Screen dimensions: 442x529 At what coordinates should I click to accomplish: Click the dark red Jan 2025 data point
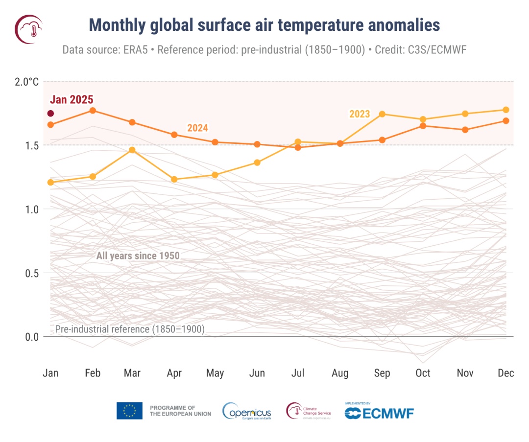50,114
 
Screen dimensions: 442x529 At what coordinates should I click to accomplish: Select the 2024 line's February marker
93,111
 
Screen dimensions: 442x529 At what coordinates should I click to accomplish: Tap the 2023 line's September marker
382,114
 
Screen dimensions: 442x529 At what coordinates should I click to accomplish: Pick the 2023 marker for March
132,150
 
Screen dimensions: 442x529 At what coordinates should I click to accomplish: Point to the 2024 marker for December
506,120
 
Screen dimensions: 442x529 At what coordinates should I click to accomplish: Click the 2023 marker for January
50,183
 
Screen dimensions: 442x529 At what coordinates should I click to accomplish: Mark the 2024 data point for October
423,126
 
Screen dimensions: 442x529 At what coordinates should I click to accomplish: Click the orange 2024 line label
197,128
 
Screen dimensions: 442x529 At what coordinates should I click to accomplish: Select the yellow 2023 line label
359,114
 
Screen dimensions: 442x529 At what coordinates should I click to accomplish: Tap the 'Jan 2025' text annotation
72,100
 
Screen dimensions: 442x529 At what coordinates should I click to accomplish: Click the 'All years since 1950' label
138,256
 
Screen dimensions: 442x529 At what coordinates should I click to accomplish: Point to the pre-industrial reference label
129,329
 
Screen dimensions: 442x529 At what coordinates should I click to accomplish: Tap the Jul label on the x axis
298,373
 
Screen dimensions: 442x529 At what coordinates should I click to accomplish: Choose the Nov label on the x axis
465,373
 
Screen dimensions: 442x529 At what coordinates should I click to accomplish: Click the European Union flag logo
129,411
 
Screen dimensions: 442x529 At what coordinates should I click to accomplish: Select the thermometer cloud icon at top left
29,29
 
